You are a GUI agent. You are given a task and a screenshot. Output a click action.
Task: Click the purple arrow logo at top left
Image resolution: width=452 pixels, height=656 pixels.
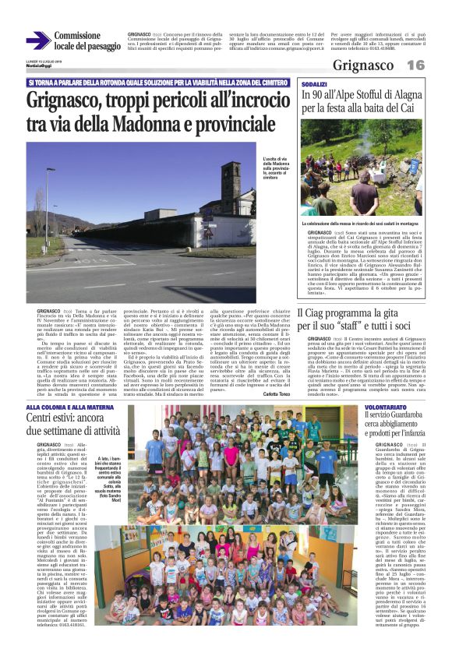(x=37, y=41)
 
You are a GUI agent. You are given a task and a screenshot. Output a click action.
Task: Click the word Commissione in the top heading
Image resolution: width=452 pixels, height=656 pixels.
(x=78, y=36)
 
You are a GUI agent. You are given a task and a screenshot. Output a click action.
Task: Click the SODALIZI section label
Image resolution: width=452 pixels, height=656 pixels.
(x=314, y=83)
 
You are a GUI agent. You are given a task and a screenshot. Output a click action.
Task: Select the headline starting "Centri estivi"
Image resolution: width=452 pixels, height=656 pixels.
(x=74, y=425)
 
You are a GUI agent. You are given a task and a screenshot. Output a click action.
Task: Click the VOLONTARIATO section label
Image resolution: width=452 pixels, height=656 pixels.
(x=385, y=407)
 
